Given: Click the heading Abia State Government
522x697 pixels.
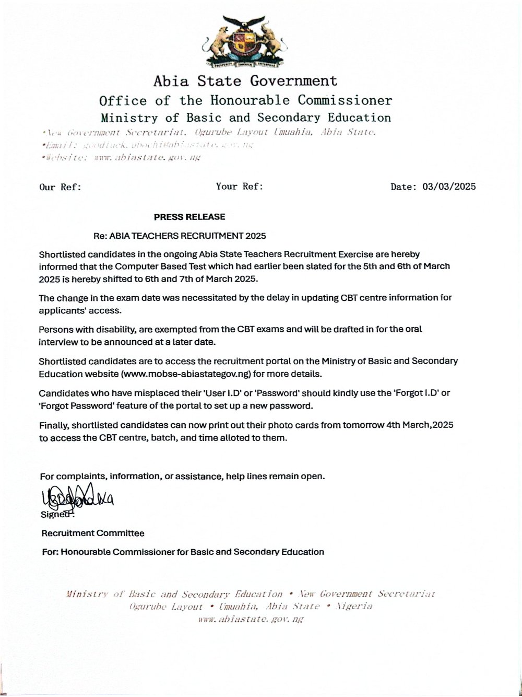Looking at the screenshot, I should pos(245,81).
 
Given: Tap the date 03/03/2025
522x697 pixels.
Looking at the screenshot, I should pos(449,187).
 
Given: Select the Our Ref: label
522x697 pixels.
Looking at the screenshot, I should pos(61,187).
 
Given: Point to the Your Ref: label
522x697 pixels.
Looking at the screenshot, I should pos(240,186).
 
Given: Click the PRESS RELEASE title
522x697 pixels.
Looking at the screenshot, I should pos(189,217).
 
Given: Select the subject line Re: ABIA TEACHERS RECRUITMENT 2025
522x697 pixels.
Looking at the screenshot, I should pos(180,236).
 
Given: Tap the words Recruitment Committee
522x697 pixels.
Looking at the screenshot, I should pos(93,533).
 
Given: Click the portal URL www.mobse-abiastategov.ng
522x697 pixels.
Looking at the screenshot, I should pos(186,374).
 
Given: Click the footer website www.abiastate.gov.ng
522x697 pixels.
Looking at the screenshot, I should pos(251,619).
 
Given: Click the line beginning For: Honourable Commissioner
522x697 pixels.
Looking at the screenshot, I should pos(183,552).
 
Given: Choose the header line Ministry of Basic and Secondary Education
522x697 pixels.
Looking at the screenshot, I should pos(245,118).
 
